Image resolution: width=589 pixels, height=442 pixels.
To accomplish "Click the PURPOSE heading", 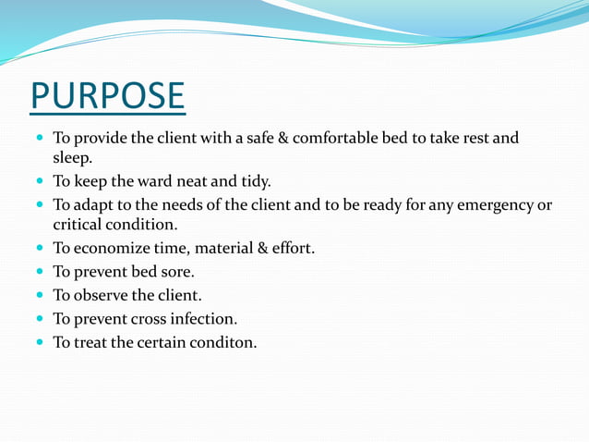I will tap(107, 97).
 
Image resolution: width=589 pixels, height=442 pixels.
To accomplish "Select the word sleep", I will tap(73, 158).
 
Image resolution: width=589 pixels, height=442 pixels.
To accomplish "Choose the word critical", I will tap(80, 225).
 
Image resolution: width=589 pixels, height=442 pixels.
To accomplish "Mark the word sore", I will tap(177, 272).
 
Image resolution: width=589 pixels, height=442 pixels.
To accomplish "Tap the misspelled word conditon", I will tap(224, 343).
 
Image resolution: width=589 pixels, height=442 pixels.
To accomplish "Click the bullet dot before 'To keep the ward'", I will tap(39, 182).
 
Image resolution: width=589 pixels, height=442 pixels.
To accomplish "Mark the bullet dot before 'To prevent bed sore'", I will tap(39, 273).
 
